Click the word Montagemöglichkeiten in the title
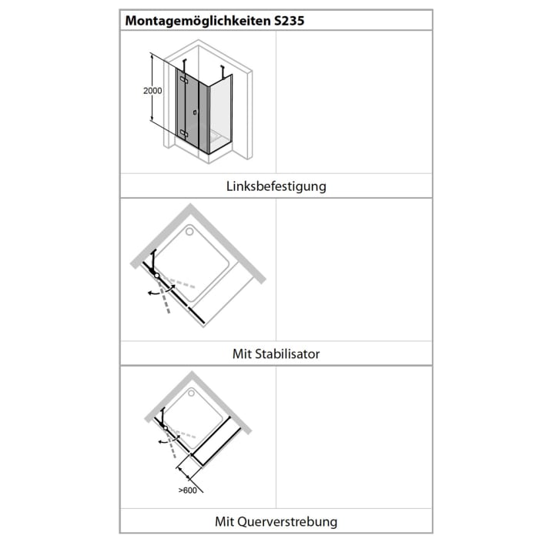click(196, 21)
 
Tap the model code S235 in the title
click(289, 21)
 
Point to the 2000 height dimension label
click(153, 90)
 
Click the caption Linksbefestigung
click(276, 186)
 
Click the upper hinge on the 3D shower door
click(183, 79)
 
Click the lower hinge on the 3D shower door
click(183, 134)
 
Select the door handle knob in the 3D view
click(196, 112)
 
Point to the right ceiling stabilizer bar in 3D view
click(224, 72)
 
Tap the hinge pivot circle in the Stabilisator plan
click(156, 274)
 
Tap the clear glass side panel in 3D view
click(219, 115)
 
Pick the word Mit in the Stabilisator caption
click(243, 354)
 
